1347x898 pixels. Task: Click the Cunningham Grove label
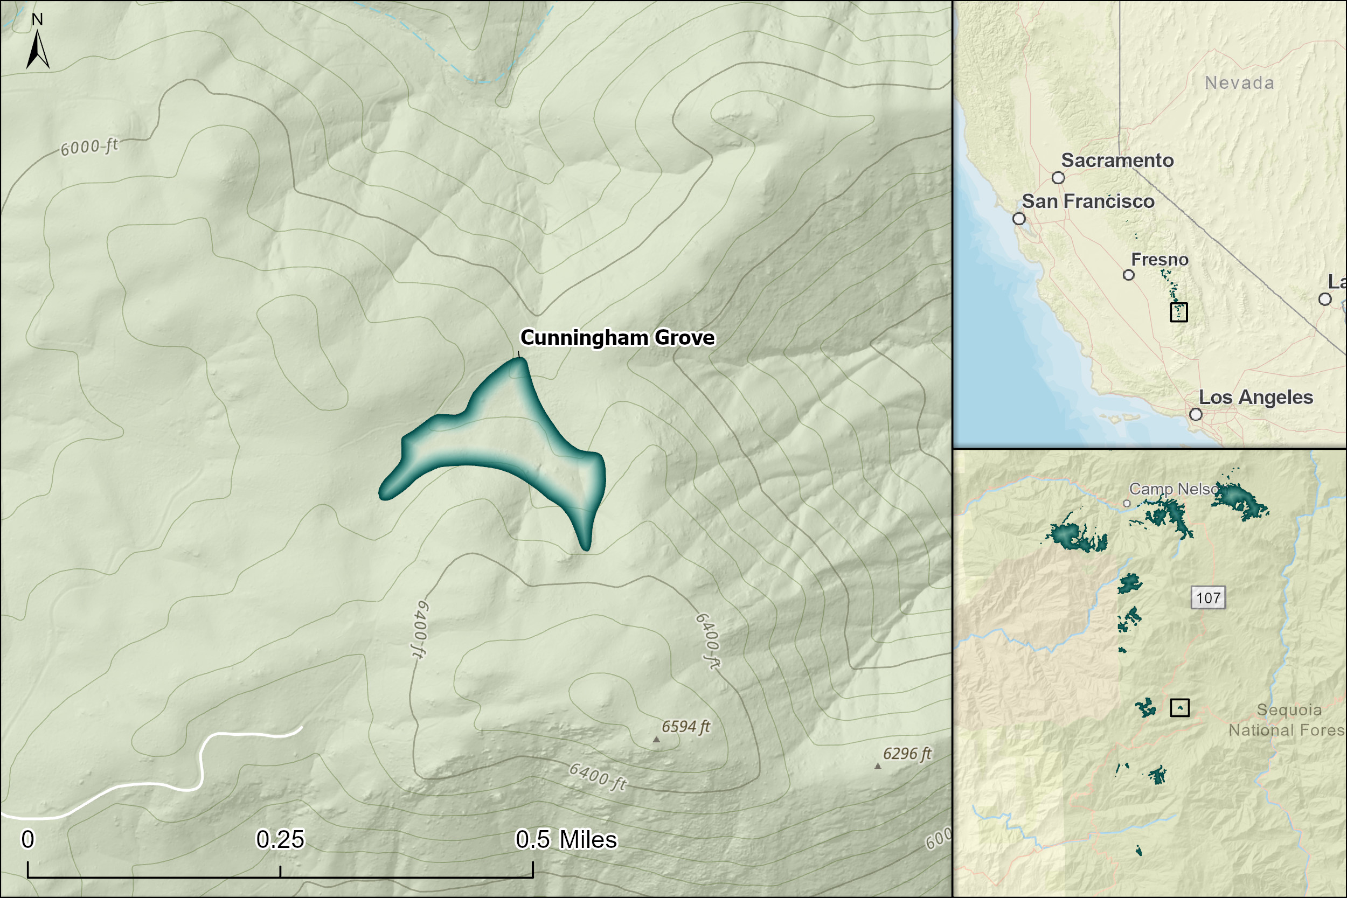(617, 338)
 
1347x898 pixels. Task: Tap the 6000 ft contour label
(89, 147)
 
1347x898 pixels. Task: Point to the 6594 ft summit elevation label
(685, 727)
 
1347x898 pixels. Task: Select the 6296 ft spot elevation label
(907, 754)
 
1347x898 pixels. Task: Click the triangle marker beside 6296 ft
(877, 766)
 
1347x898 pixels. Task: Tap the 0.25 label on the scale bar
(280, 840)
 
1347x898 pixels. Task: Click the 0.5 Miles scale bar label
(566, 840)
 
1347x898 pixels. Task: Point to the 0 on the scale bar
(27, 840)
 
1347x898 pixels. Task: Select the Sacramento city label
(1117, 161)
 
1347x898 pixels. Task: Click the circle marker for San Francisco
(1019, 219)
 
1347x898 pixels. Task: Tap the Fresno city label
(1159, 260)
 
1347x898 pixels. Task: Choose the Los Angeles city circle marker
(1196, 414)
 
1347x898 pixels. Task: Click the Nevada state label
(1239, 83)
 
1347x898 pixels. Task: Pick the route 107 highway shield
(1209, 598)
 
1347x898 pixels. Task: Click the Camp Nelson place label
(1173, 489)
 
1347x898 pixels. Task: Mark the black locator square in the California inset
(1179, 312)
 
